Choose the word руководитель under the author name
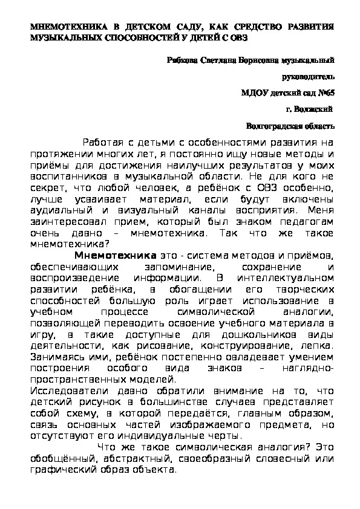[308, 77]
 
